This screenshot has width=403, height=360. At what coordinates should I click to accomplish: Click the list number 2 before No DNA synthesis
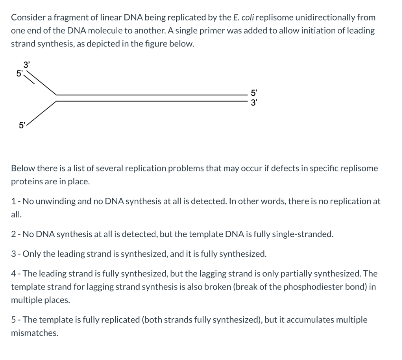click(13, 234)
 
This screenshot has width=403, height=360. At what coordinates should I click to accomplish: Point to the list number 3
click(13, 254)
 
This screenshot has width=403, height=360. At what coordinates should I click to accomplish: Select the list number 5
click(13, 319)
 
